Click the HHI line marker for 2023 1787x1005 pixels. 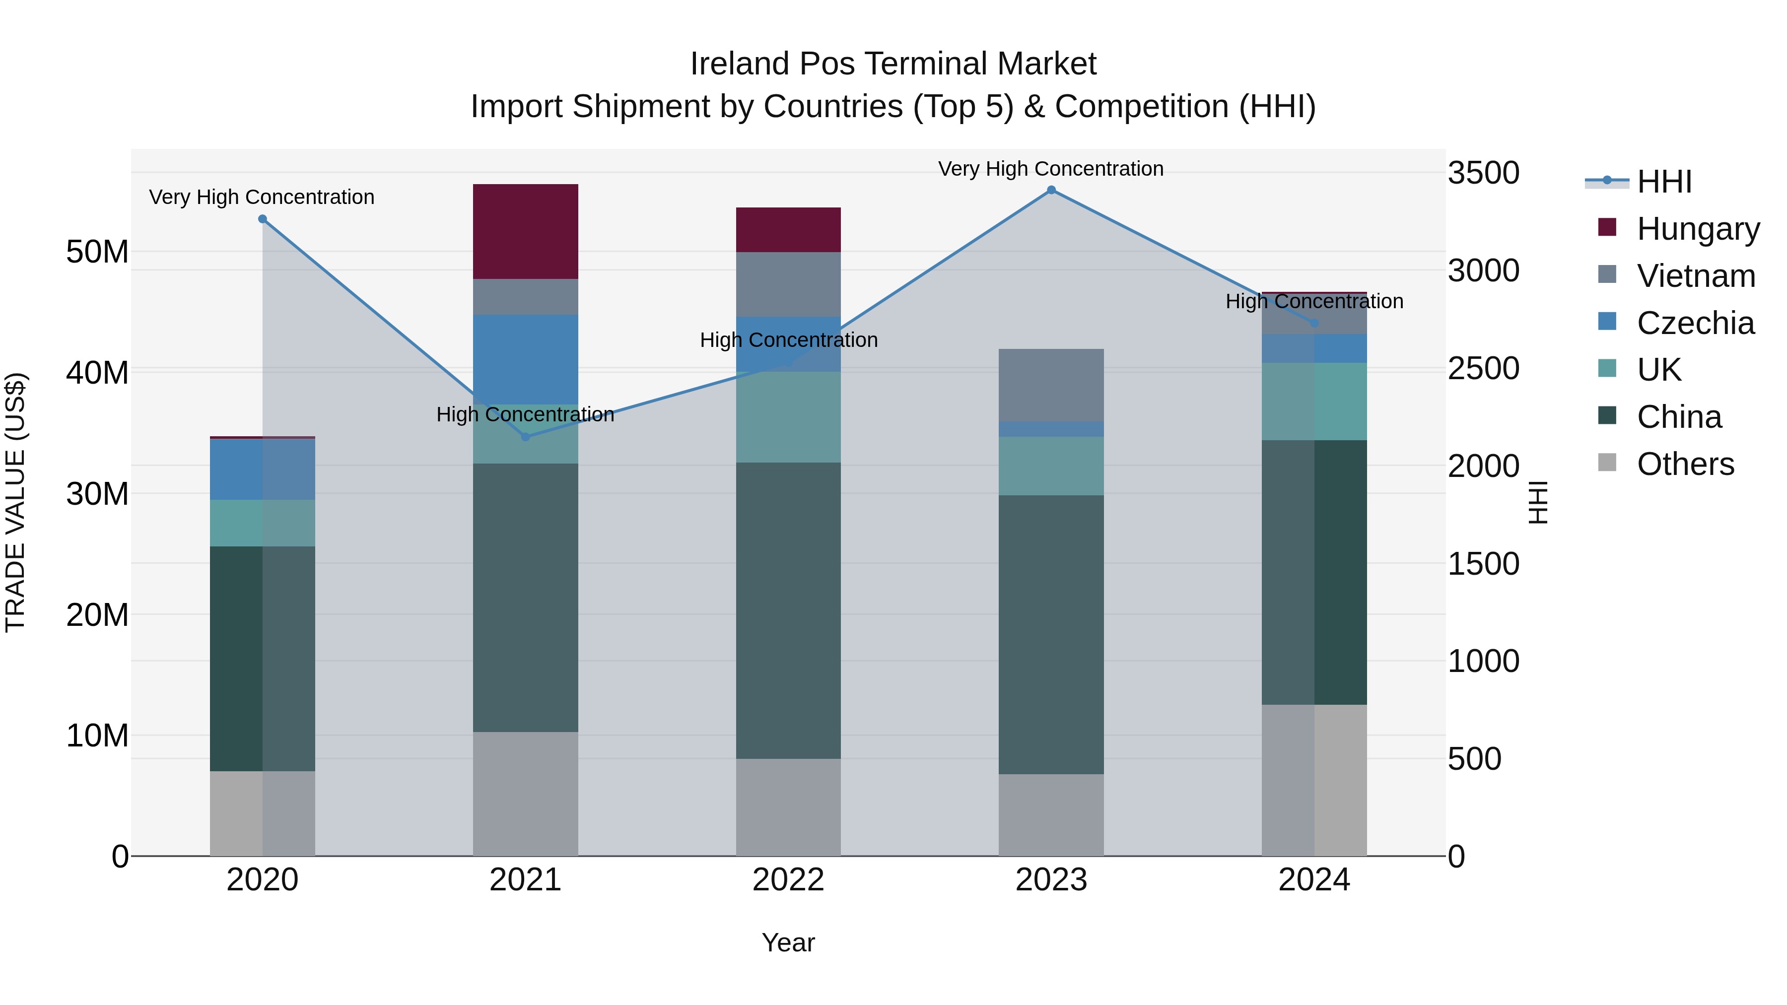coord(1051,190)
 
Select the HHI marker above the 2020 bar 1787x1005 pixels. coord(262,219)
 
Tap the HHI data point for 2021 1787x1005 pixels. coord(525,437)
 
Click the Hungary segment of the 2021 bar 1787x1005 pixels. coord(525,232)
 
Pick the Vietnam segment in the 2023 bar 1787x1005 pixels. coord(1051,385)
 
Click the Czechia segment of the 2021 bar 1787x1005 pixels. coord(525,359)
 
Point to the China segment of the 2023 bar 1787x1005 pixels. coord(1051,635)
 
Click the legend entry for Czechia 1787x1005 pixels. coord(1695,323)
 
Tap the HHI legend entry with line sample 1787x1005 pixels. coord(1663,182)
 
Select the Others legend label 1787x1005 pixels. coord(1685,464)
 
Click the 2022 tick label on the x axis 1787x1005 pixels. coord(788,880)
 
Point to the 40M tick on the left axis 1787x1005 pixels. coord(97,373)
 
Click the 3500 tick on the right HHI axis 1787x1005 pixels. coord(1483,173)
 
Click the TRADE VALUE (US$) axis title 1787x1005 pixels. coord(15,502)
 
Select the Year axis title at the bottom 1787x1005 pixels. coord(788,942)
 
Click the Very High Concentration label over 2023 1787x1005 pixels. coord(1050,169)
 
